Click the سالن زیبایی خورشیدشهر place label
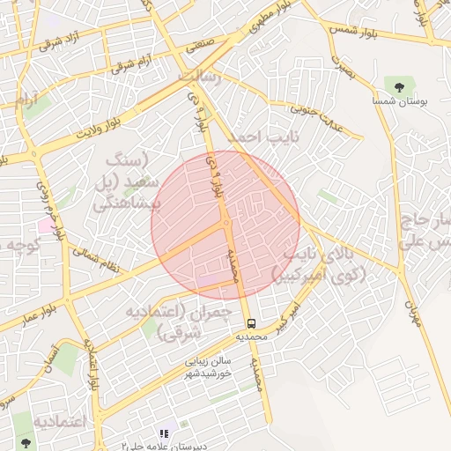pos(208,366)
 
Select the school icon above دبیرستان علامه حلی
pos(163,433)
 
